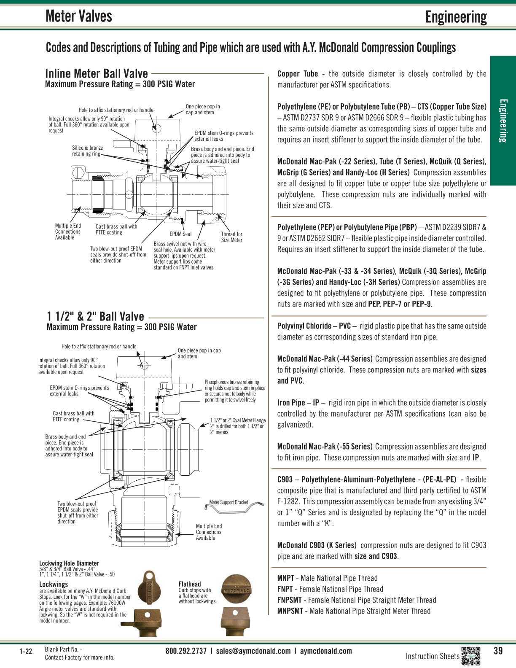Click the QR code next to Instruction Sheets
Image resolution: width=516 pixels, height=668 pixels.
tap(471, 656)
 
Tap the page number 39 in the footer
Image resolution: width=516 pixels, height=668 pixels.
tap(498, 651)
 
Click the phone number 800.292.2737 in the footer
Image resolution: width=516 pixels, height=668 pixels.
tap(186, 651)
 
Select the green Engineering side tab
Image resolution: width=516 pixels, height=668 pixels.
tap(503, 121)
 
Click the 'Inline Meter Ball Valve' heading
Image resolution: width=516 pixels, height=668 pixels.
tap(97, 73)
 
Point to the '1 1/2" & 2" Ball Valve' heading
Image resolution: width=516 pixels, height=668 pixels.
tap(96, 316)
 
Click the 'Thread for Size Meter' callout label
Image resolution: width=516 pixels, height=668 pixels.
tap(231, 237)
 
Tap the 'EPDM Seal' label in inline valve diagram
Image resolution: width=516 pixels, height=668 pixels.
tap(180, 234)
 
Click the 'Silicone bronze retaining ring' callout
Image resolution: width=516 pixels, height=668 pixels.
tap(87, 151)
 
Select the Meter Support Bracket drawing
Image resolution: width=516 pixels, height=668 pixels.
tap(234, 507)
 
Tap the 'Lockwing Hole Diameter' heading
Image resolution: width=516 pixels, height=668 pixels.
tap(69, 563)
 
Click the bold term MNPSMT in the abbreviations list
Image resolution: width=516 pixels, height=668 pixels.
tap(290, 611)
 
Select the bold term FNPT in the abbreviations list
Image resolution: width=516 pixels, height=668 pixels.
tap(285, 589)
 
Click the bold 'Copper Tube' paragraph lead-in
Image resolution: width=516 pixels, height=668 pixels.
tap(297, 74)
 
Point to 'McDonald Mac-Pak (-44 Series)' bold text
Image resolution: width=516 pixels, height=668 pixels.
tap(325, 359)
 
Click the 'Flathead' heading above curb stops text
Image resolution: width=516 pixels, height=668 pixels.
tap(190, 584)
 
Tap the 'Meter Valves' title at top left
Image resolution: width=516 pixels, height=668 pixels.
tap(79, 16)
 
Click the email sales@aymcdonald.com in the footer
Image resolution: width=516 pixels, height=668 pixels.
tap(253, 651)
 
